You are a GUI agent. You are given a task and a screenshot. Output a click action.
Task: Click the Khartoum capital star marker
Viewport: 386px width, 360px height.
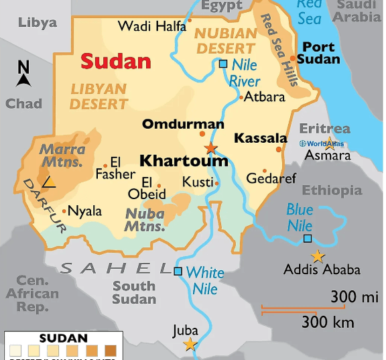click(211, 148)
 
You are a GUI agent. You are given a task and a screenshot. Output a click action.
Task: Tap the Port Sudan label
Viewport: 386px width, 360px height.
click(318, 53)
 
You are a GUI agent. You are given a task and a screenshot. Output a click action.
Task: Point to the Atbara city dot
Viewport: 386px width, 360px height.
click(241, 98)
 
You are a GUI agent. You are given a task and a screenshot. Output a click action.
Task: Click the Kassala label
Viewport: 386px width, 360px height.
click(261, 139)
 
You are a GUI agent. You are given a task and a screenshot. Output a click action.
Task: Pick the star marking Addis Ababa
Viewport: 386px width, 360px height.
click(318, 256)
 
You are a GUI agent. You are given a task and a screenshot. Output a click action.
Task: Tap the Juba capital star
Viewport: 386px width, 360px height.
click(191, 345)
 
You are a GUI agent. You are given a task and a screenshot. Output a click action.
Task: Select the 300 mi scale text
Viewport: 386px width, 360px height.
click(355, 296)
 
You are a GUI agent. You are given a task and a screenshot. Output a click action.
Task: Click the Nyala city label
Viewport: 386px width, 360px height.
click(85, 211)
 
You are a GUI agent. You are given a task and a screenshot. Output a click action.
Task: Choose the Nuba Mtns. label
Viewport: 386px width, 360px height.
click(145, 220)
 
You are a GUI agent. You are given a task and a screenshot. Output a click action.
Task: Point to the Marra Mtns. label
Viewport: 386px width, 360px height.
click(62, 156)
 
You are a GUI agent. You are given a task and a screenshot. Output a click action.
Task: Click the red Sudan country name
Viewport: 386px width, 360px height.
click(116, 61)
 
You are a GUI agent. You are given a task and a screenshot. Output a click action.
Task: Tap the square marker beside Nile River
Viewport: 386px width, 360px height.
click(223, 64)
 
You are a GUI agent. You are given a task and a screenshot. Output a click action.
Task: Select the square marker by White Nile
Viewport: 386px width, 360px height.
click(178, 272)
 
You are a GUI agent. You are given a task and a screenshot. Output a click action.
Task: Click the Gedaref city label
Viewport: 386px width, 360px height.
click(271, 179)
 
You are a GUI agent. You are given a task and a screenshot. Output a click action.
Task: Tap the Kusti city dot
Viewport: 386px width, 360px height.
click(216, 182)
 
